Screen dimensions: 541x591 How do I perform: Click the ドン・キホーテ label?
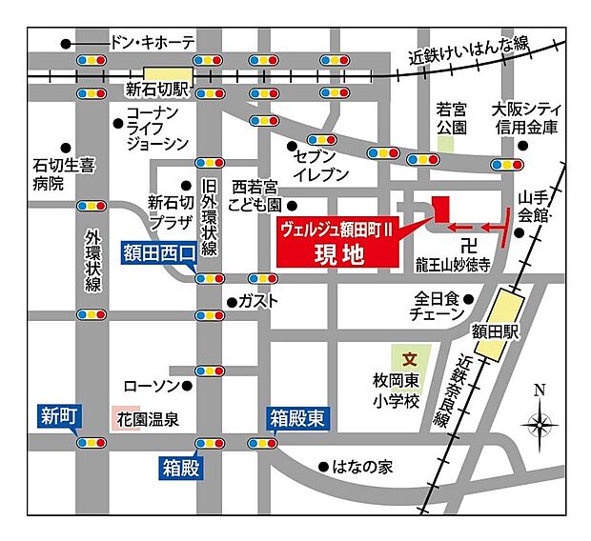153,43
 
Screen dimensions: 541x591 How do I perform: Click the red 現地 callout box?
334,243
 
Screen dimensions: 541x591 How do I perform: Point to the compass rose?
540,423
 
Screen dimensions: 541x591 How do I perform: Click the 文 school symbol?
410,360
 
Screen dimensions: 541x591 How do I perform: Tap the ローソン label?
151,386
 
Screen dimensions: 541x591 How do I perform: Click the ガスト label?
259,302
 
